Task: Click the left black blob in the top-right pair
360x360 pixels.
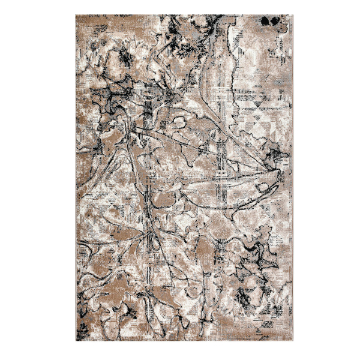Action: pos(265,22)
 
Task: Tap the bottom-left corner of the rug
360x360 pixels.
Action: pos(76,341)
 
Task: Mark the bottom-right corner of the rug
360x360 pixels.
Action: pos(293,341)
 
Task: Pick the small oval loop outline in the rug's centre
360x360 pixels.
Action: pos(179,123)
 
